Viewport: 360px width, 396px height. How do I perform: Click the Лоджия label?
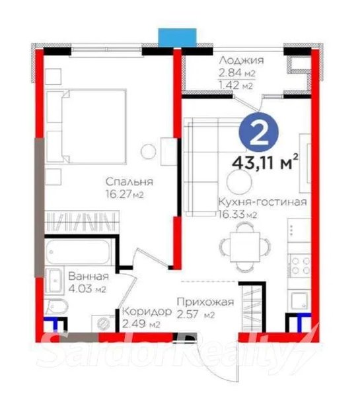coord(242,60)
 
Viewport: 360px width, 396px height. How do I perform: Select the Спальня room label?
coord(129,182)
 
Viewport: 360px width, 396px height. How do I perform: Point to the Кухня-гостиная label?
coord(263,202)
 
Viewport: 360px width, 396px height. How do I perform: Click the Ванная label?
coord(89,276)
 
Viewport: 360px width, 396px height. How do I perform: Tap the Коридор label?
coord(147,312)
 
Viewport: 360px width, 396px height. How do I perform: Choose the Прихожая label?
coord(205,302)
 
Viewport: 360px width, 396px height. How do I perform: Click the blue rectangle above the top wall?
coord(177,38)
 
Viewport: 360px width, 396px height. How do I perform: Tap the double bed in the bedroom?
coord(87,127)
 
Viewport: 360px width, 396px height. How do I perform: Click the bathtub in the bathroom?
coord(78,252)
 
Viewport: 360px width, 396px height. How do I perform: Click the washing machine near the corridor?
coord(104,323)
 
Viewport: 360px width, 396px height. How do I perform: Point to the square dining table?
coord(245,247)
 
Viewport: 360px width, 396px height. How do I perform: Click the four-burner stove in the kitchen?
coord(301,266)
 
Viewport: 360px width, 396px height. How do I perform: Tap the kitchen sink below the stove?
coord(301,301)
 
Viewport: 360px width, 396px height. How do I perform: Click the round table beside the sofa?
coord(239,181)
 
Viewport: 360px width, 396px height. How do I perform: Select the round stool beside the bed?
coord(149,151)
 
